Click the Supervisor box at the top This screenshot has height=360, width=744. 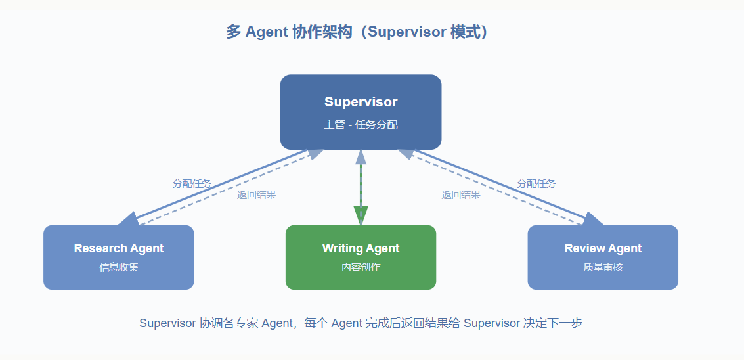point(361,112)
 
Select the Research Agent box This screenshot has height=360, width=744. point(119,258)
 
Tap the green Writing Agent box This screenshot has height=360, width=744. point(361,258)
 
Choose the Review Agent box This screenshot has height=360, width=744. point(603,258)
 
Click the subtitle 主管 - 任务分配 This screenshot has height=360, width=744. point(361,125)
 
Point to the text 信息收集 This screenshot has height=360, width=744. point(119,267)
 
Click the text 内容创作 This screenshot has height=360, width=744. point(361,267)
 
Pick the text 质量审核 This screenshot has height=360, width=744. point(603,267)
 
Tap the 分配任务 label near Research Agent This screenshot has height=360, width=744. point(192,185)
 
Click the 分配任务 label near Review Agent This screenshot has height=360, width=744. point(536,184)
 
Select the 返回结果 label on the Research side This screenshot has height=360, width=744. point(256,194)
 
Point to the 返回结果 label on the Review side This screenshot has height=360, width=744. point(461,194)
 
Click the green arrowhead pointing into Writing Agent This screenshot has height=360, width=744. point(361,215)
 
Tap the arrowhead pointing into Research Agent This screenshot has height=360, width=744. point(128,219)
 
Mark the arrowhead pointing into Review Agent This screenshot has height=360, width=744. point(593,219)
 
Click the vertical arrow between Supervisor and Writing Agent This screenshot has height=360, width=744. point(361,187)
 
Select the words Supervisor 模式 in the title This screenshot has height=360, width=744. point(424,32)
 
